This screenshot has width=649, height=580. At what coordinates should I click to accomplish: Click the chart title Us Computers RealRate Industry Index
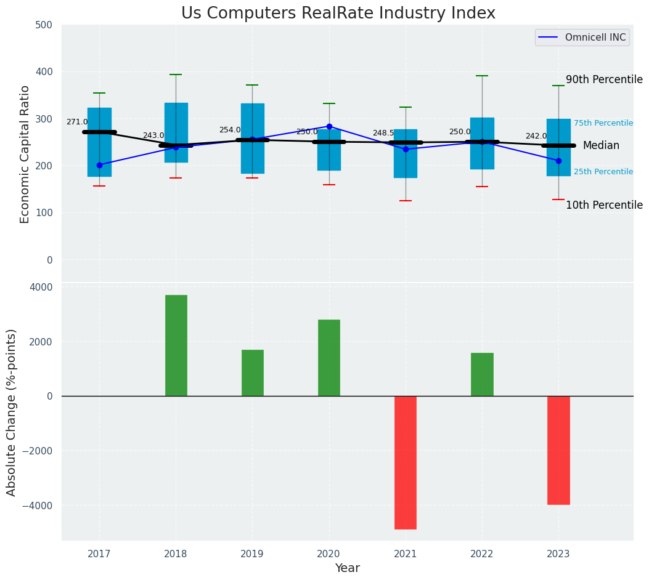[338, 14]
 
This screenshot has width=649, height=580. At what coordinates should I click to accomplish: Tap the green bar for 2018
[176, 345]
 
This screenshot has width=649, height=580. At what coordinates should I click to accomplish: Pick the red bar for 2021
[405, 462]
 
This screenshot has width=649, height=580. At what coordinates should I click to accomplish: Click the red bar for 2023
[558, 450]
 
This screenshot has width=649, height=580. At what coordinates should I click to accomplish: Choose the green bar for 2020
[329, 358]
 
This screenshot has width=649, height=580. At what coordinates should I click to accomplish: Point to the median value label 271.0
[77, 122]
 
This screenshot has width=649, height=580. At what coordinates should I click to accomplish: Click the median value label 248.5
[383, 133]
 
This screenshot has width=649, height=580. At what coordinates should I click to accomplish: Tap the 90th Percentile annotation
[604, 79]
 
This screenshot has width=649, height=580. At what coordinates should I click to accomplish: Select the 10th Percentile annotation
[604, 205]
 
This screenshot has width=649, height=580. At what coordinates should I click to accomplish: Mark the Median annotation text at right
[601, 145]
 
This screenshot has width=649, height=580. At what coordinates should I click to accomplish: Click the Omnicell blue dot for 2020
[329, 127]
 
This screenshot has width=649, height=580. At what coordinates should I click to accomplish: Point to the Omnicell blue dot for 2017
[99, 165]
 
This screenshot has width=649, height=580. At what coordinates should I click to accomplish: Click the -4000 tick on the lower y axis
[38, 505]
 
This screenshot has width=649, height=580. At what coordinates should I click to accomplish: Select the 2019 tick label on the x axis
[252, 554]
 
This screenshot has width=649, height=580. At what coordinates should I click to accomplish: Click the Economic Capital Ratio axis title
[25, 154]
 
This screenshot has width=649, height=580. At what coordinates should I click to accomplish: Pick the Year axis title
[347, 568]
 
